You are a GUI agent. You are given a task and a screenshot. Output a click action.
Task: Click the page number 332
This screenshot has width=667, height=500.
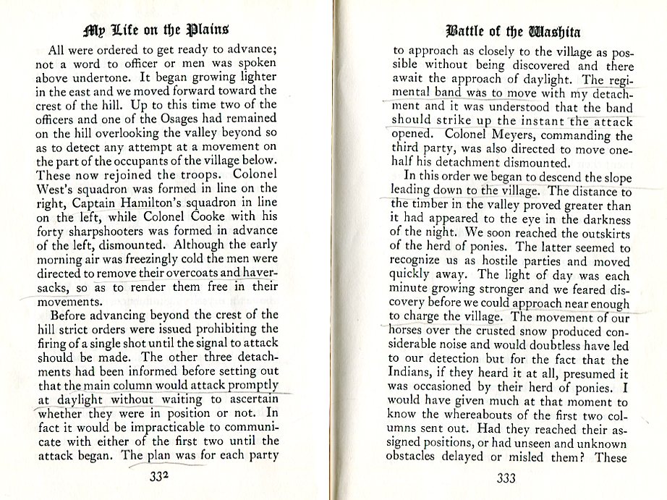click(x=158, y=477)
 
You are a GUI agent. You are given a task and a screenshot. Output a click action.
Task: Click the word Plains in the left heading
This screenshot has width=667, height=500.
click(x=208, y=31)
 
